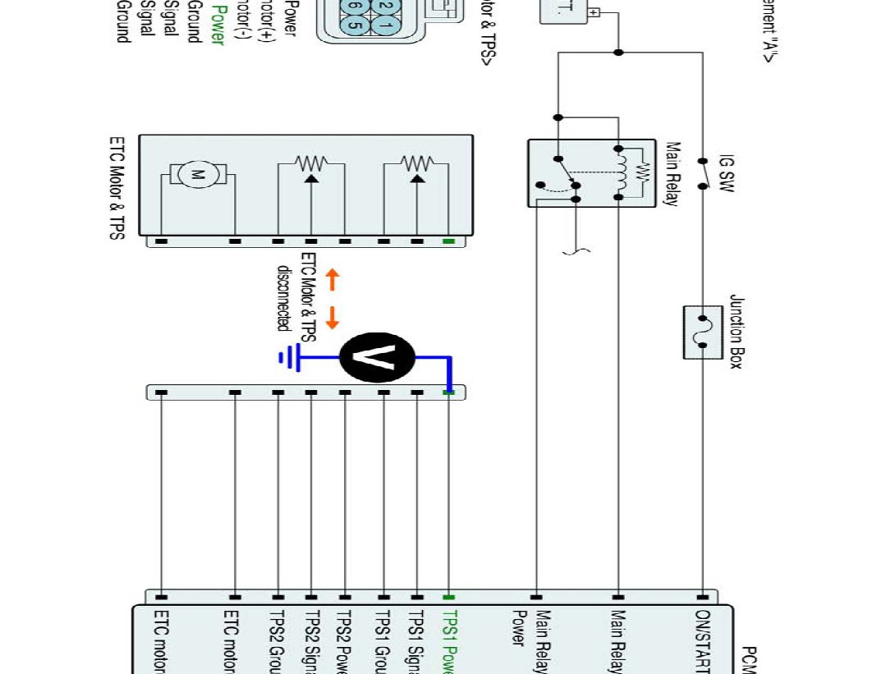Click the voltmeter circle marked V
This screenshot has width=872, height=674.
[x=377, y=357]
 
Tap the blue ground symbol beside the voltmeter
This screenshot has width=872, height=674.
[x=288, y=357]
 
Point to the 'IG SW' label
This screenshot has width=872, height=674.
[x=726, y=172]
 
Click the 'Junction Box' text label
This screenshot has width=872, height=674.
[x=735, y=332]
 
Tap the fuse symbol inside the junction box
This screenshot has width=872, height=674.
[x=703, y=332]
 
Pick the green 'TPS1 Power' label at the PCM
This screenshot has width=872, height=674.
[x=448, y=640]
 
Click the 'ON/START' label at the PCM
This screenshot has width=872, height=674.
[x=702, y=640]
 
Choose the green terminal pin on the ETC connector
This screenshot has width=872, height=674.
[x=448, y=241]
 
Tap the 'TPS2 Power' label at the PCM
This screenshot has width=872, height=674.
[x=344, y=640]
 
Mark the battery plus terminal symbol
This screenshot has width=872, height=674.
[x=594, y=12]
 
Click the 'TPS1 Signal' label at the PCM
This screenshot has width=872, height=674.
[x=416, y=640]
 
